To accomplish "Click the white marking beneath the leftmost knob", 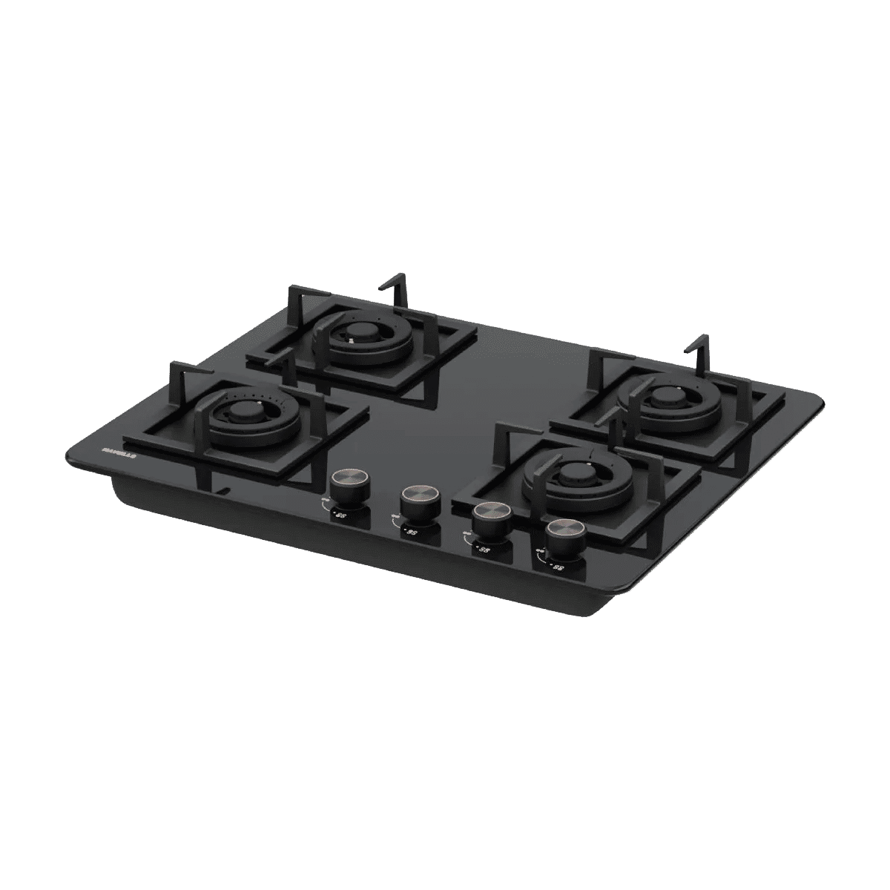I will [x=338, y=512].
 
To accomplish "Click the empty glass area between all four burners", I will [x=475, y=400].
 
